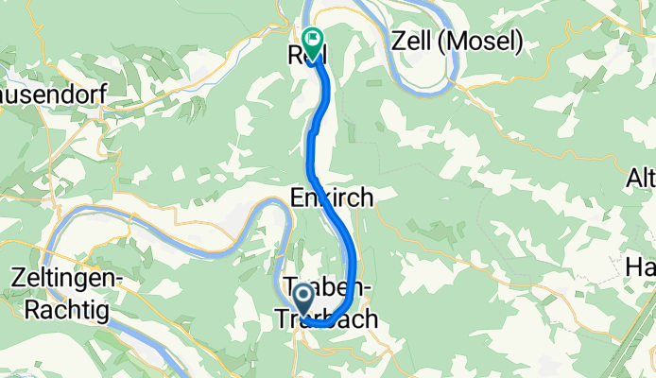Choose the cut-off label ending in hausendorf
pos(52,95)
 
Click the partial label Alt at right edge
pos(642,178)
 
